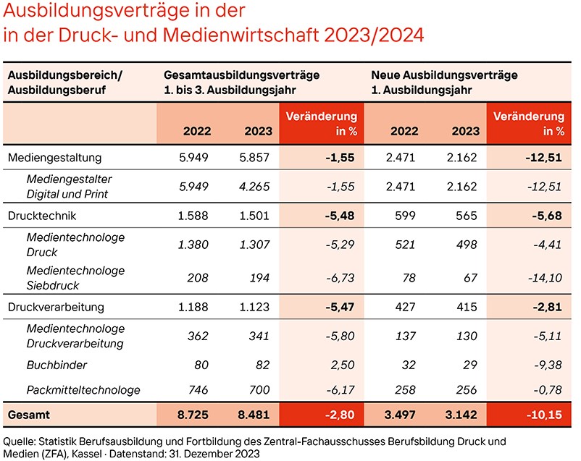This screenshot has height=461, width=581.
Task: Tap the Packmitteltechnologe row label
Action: (x=83, y=390)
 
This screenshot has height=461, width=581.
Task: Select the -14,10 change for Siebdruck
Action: (x=546, y=278)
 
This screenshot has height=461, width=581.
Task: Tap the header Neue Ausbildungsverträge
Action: (x=443, y=75)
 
